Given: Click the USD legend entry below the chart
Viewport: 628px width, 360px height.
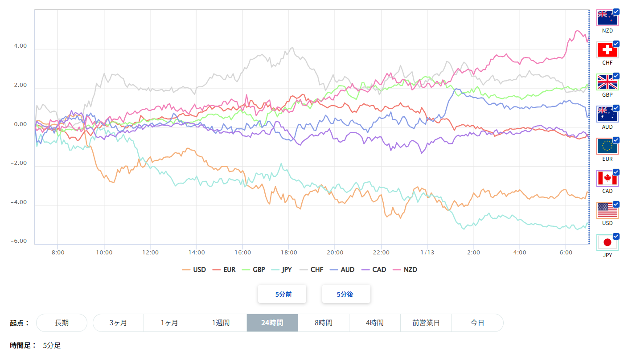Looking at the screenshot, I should (194, 270).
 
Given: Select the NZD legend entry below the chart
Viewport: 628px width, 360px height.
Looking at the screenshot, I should (405, 270).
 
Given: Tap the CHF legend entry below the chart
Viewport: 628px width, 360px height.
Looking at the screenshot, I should (312, 270).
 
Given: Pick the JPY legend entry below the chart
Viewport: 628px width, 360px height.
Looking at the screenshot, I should (283, 270).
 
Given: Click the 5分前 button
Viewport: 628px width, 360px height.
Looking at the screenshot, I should (282, 294).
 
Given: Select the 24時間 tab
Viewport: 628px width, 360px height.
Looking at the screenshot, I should (272, 323).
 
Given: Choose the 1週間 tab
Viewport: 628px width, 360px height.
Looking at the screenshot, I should (221, 323).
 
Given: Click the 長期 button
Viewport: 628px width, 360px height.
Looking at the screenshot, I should (62, 323).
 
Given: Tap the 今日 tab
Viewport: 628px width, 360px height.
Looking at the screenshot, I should (477, 323).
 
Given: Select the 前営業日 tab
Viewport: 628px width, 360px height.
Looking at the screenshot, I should (426, 323).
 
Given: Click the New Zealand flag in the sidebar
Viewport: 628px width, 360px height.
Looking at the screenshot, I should (607, 18).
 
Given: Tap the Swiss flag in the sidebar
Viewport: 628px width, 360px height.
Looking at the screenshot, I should (607, 50).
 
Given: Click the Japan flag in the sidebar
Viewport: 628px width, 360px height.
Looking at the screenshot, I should (607, 242).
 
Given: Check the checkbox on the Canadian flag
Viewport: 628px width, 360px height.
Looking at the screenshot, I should (616, 172).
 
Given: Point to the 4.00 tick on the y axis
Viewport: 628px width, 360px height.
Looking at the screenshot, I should (21, 46).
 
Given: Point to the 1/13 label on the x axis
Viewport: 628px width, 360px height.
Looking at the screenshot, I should (427, 252).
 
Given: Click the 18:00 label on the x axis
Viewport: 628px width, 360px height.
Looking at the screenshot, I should (289, 252).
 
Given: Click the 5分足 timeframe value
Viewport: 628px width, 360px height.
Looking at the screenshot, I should (52, 345).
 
